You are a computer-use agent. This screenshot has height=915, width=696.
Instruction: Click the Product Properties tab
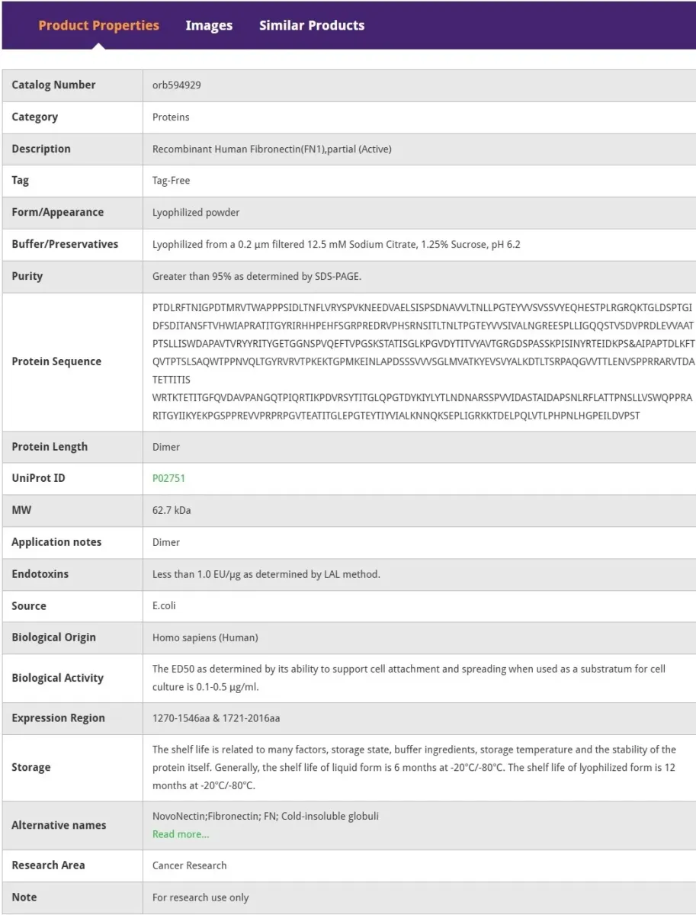pyautogui.click(x=98, y=25)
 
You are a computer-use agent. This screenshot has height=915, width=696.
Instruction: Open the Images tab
pyautogui.click(x=209, y=25)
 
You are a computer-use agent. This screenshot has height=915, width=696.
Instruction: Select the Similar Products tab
pyautogui.click(x=312, y=25)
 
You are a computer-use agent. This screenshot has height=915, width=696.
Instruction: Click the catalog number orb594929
pyautogui.click(x=177, y=85)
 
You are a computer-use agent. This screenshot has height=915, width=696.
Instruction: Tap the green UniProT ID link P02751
pyautogui.click(x=168, y=479)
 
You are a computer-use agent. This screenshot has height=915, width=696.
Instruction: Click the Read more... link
pyautogui.click(x=181, y=834)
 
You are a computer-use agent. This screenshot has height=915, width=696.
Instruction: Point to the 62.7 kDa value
pyautogui.click(x=172, y=510)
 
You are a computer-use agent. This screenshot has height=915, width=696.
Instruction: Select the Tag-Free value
pyautogui.click(x=171, y=181)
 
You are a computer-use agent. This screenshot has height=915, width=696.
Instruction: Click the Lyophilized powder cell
pyautogui.click(x=196, y=213)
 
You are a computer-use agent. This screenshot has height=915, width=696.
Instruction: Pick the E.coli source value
pyautogui.click(x=164, y=606)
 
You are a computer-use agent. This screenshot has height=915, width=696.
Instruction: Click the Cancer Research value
pyautogui.click(x=189, y=865)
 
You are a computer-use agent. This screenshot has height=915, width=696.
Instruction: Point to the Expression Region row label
pyautogui.click(x=58, y=718)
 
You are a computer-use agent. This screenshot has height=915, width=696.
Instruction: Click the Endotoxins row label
pyautogui.click(x=40, y=574)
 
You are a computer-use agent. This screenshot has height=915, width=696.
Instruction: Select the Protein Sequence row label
pyautogui.click(x=56, y=361)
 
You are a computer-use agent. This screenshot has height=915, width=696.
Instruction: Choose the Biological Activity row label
pyautogui.click(x=57, y=678)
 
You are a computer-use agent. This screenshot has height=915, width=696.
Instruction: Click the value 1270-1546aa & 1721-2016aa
pyautogui.click(x=216, y=718)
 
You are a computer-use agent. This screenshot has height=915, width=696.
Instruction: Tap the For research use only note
pyautogui.click(x=200, y=897)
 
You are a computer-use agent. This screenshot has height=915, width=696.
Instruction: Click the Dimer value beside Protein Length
pyautogui.click(x=166, y=447)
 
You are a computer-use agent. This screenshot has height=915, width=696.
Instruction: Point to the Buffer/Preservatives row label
pyautogui.click(x=65, y=245)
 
